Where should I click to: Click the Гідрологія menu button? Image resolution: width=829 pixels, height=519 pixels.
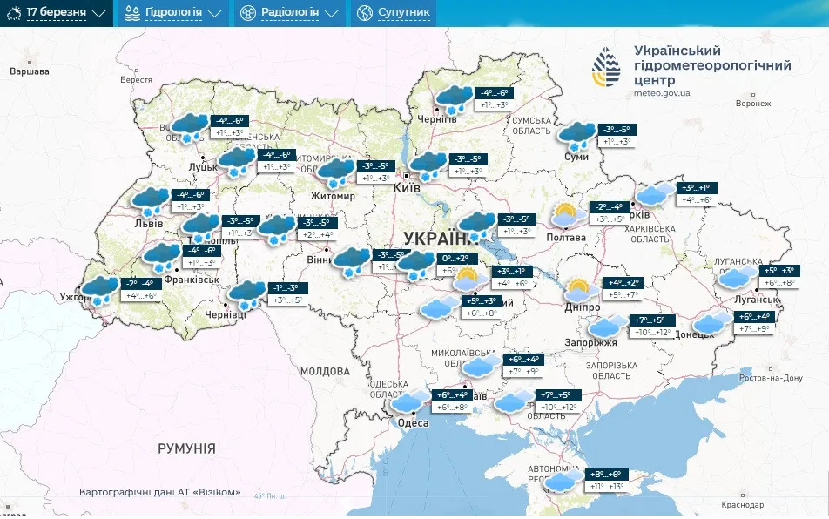172,13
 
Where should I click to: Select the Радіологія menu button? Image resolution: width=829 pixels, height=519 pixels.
289,13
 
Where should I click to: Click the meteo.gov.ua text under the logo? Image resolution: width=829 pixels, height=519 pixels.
662,92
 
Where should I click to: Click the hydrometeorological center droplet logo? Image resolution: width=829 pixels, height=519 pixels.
608,68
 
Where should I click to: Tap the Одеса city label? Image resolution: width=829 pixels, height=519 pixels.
414,423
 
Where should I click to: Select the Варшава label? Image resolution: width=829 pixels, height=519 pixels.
29,71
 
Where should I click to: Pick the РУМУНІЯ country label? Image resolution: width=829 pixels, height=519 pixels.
186,448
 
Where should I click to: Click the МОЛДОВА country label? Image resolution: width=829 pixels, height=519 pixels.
324,371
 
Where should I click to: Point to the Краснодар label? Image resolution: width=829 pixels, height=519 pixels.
742,505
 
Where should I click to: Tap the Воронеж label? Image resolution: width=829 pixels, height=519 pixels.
753,103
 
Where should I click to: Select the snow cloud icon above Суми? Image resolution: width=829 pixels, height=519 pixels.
576,136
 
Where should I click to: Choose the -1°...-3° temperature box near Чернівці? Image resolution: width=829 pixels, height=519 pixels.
286,288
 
